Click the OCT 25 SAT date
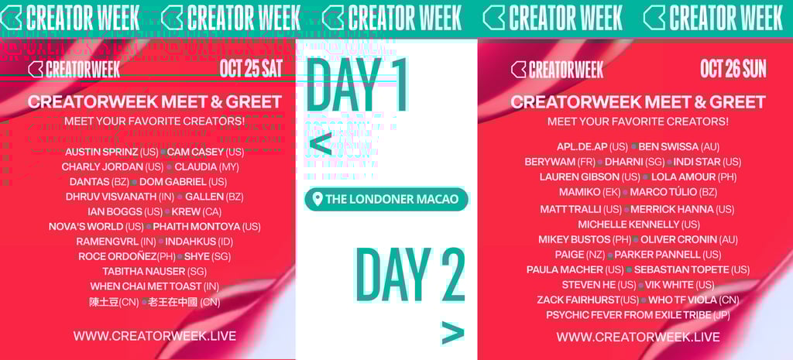click(x=250, y=68)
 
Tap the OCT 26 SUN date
click(x=733, y=68)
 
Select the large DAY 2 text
click(x=410, y=275)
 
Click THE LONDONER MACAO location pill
click(x=386, y=199)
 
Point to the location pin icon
click(x=316, y=200)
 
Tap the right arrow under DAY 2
click(x=452, y=333)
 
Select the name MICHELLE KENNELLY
click(x=627, y=225)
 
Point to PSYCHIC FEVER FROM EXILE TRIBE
click(x=628, y=315)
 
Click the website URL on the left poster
click(x=154, y=336)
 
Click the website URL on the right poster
click(x=637, y=337)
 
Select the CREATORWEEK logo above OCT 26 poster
click(x=557, y=70)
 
